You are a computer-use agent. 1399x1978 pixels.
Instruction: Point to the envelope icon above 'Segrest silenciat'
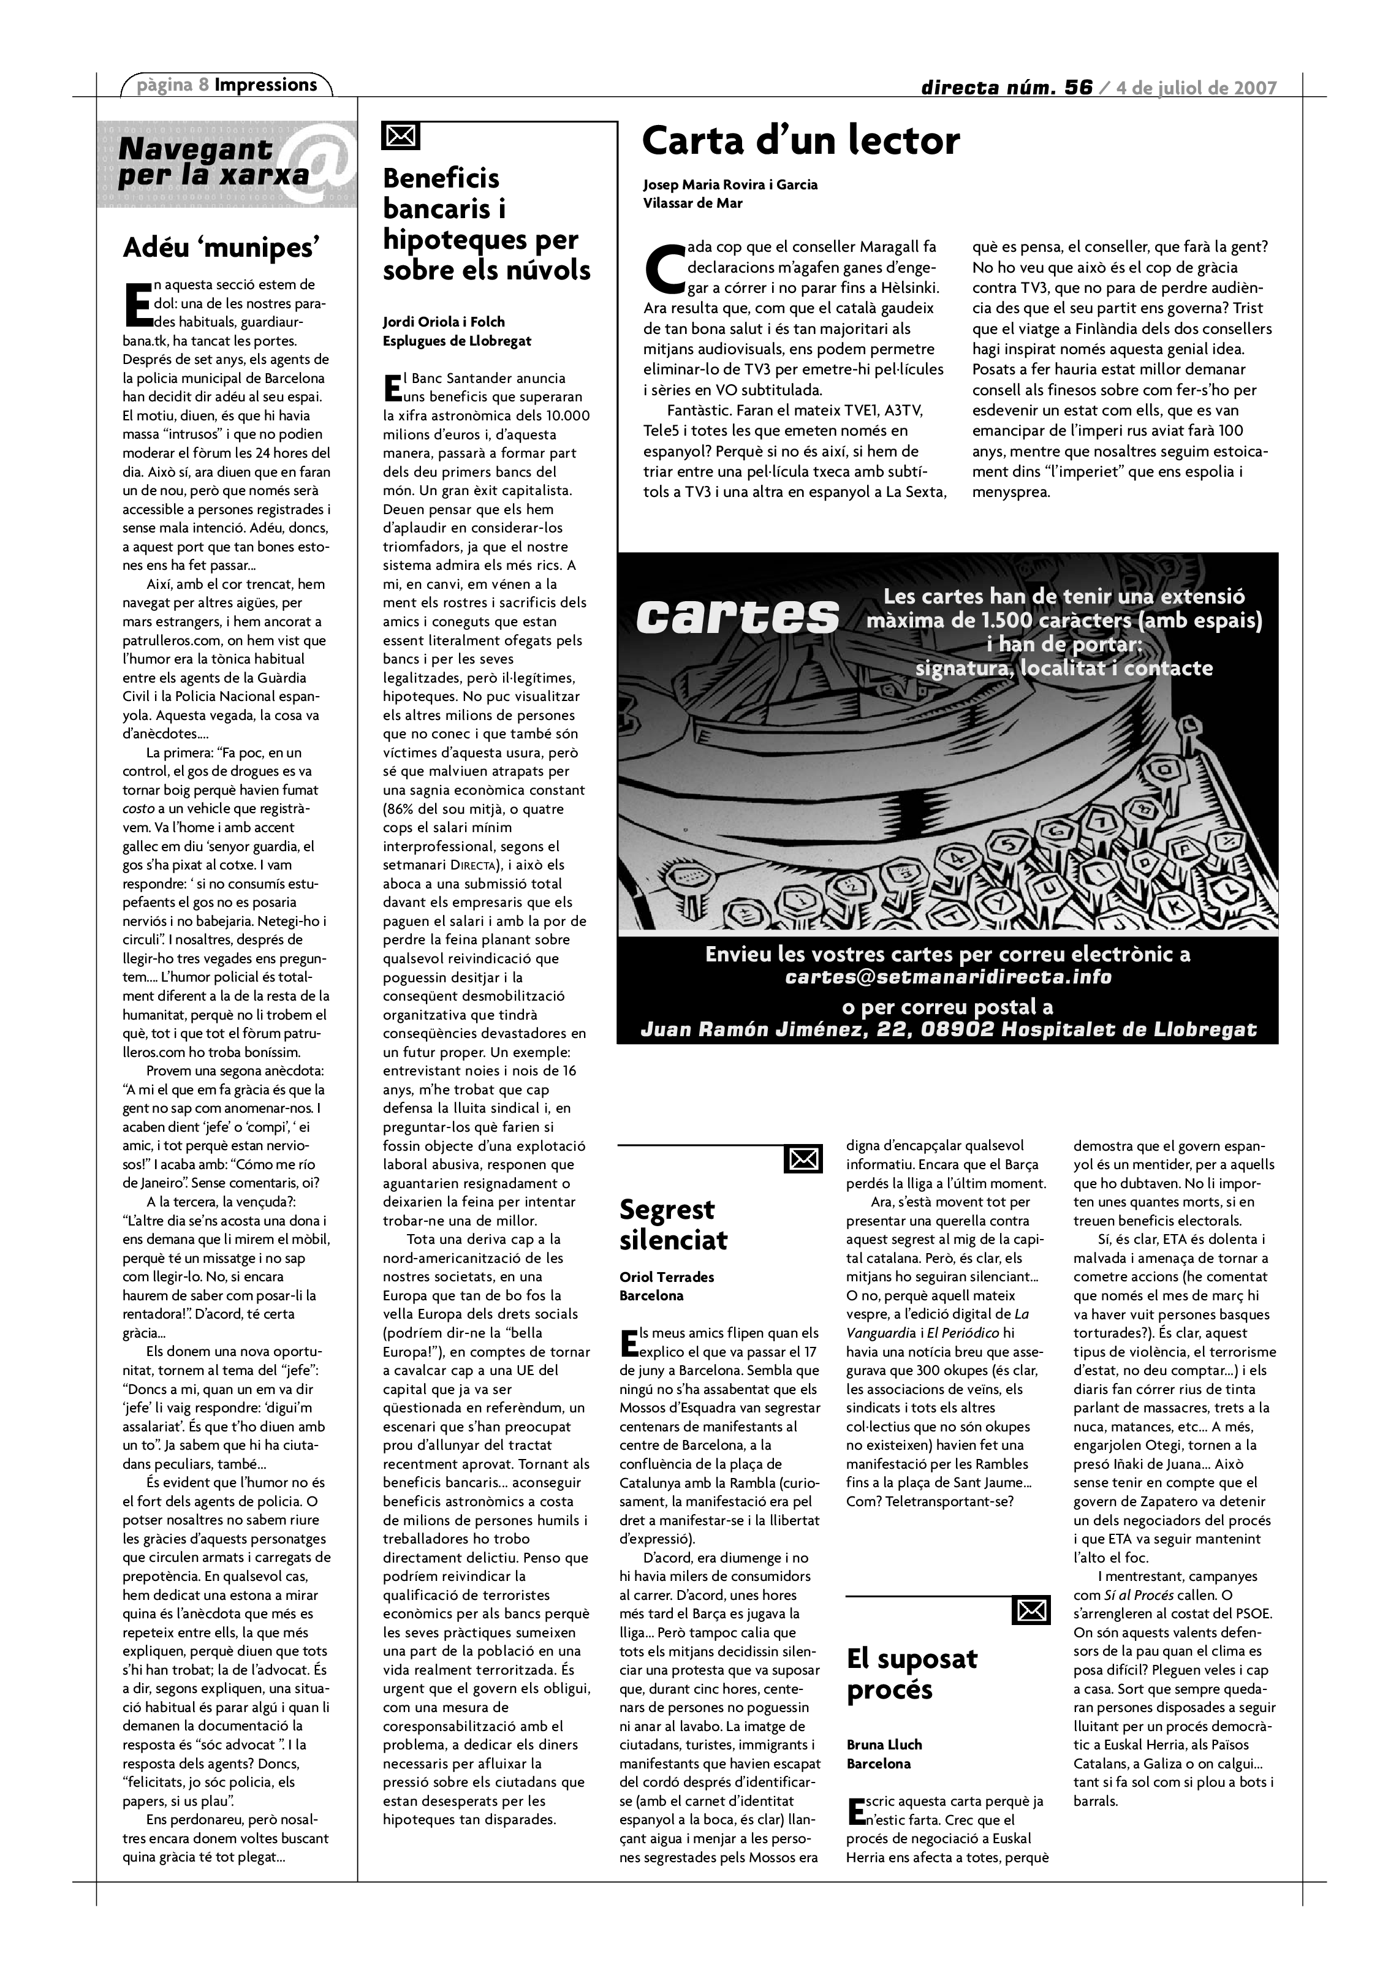click(x=803, y=1159)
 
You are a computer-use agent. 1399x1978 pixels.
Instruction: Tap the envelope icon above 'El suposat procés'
click(x=1031, y=1609)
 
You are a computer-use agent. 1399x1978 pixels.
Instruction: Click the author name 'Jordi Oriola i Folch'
click(x=444, y=322)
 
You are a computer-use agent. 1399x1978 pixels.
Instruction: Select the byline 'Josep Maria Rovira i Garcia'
click(x=730, y=184)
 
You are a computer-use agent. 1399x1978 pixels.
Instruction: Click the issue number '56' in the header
click(x=1078, y=88)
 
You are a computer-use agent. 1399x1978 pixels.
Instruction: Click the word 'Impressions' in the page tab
click(x=265, y=85)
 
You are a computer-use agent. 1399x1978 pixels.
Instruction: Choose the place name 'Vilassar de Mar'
click(x=692, y=203)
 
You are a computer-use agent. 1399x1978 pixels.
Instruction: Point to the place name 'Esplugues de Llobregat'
click(x=457, y=341)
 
